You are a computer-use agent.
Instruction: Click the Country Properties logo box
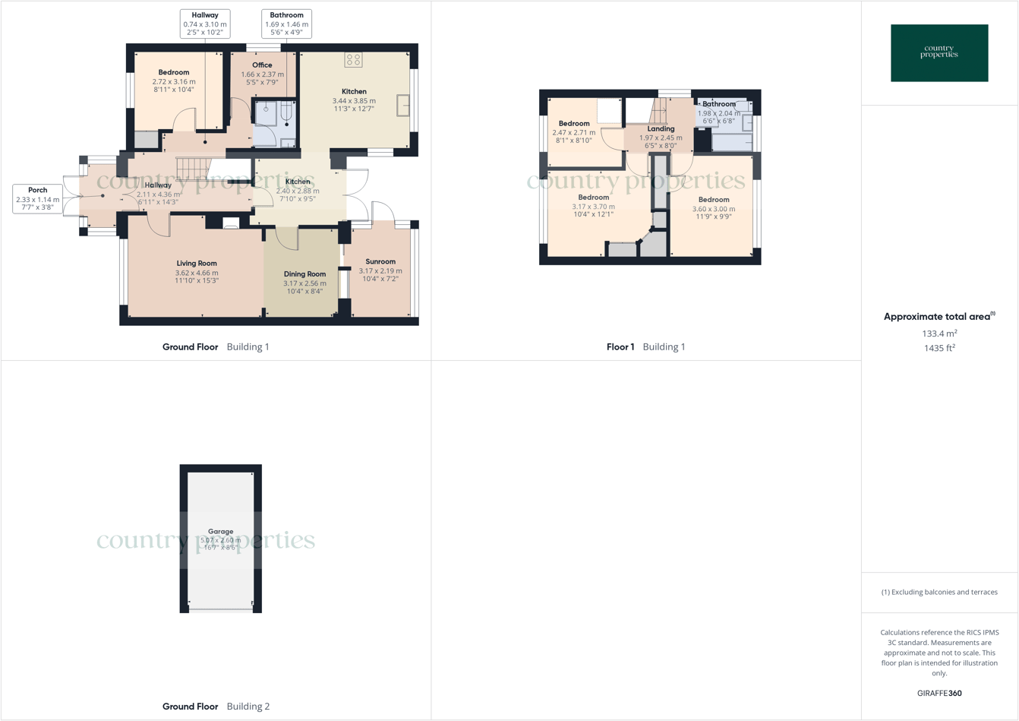tap(939, 53)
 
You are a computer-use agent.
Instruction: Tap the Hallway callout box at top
tap(205, 24)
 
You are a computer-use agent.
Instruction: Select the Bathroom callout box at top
tap(286, 24)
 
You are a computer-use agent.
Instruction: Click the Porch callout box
tap(37, 198)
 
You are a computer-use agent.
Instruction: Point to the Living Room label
tap(197, 264)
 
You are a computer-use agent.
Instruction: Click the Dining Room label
tap(304, 274)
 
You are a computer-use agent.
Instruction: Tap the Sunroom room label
tap(380, 262)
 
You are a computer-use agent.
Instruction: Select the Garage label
tap(221, 532)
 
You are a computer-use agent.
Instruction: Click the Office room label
tap(262, 65)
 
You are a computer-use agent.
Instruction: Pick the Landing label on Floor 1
tap(661, 129)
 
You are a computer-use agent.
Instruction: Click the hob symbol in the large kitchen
tap(353, 60)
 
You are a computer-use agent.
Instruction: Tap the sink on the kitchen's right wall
tap(403, 106)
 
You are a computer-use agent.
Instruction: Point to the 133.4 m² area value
tap(939, 334)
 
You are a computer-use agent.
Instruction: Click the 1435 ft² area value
tap(939, 348)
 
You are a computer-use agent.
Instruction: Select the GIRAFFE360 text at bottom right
tap(939, 693)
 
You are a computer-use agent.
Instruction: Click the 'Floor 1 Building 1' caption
tap(645, 346)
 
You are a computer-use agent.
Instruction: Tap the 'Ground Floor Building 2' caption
tap(216, 707)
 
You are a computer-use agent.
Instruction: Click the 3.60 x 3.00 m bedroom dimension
tap(713, 209)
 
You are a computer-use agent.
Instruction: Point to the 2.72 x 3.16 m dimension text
tap(174, 82)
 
